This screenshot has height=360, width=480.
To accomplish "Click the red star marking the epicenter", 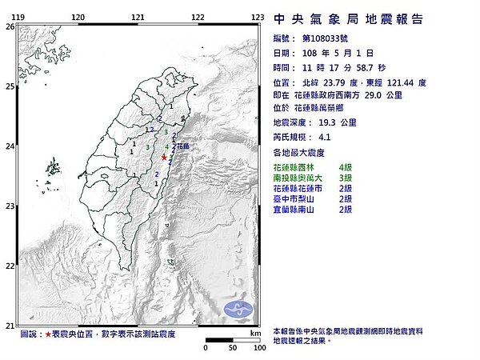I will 164,158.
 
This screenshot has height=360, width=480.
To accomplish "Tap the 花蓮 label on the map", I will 183,146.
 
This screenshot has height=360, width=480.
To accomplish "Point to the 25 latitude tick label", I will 10,86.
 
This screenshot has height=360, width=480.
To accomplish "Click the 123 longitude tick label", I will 258,17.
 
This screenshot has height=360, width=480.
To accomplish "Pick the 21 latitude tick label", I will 10,325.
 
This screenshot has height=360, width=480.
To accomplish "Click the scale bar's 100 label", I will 258,349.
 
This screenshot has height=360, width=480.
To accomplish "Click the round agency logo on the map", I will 239,309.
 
